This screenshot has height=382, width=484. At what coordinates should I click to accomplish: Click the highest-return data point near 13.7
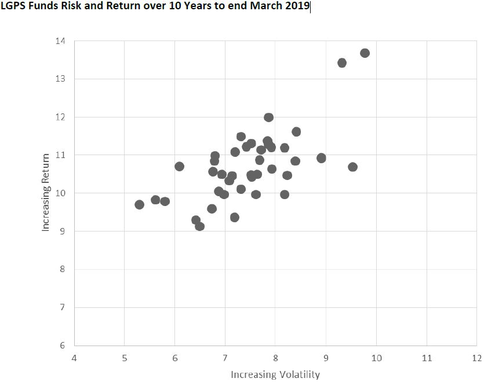[x=365, y=53]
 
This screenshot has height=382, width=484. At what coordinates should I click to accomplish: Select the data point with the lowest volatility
[x=139, y=204]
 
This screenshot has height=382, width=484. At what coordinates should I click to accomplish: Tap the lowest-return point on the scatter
[x=200, y=226]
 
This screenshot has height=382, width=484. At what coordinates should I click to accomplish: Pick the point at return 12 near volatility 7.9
[x=268, y=117]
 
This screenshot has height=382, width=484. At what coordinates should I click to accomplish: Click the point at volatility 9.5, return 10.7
[x=352, y=167]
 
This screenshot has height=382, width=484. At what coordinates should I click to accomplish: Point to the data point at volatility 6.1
[x=179, y=167]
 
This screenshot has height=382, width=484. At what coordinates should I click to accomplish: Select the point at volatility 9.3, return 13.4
[x=342, y=63]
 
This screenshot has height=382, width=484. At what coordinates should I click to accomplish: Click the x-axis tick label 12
[x=476, y=358]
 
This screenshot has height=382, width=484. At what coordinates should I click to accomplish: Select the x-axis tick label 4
[x=74, y=358]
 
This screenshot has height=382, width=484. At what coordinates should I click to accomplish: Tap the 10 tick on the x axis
[x=376, y=358]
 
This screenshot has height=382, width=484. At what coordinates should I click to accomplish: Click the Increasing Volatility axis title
[x=275, y=374]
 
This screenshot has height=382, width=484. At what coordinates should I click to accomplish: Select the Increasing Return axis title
[x=46, y=193]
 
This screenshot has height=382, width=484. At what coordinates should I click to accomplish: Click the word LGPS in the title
[x=13, y=8]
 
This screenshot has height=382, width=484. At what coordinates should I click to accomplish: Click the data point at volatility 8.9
[x=321, y=158]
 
